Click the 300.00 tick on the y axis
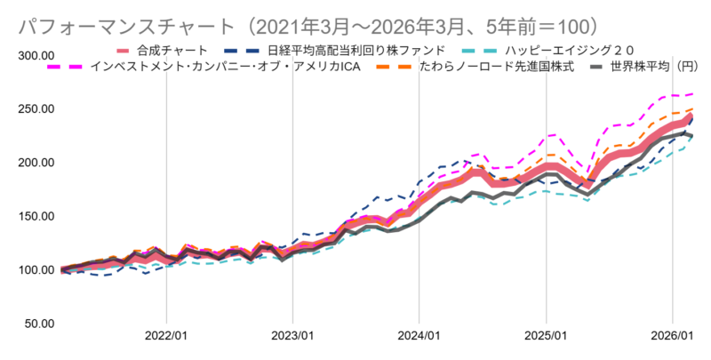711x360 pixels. tap(36, 56)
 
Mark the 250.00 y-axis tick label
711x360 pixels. tap(36, 109)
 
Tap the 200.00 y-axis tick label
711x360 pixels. tap(36, 163)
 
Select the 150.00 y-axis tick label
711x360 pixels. tap(36, 216)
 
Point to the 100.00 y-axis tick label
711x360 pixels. tap(36, 269)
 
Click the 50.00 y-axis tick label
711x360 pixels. tap(39, 323)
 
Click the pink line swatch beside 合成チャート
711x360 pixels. tap(124, 50)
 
